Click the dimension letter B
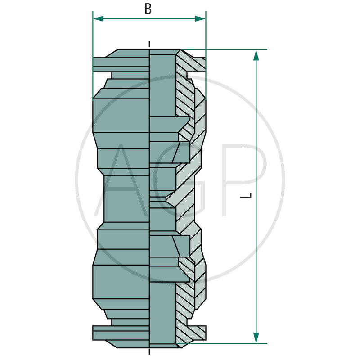click(148, 9)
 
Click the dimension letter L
click(246, 196)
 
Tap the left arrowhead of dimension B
click(98, 19)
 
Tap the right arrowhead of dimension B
click(200, 19)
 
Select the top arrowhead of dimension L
click(256, 55)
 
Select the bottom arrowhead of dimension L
click(256, 338)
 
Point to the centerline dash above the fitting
click(149, 44)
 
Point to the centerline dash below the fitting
click(149, 351)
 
